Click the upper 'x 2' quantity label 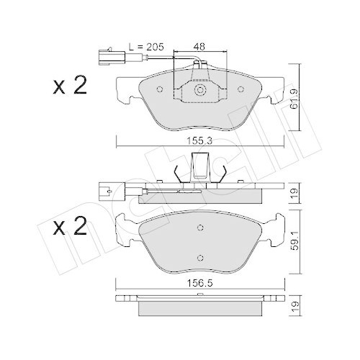click(69, 87)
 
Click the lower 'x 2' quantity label click(69, 228)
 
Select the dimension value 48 click(201, 46)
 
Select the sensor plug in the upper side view click(106, 192)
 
